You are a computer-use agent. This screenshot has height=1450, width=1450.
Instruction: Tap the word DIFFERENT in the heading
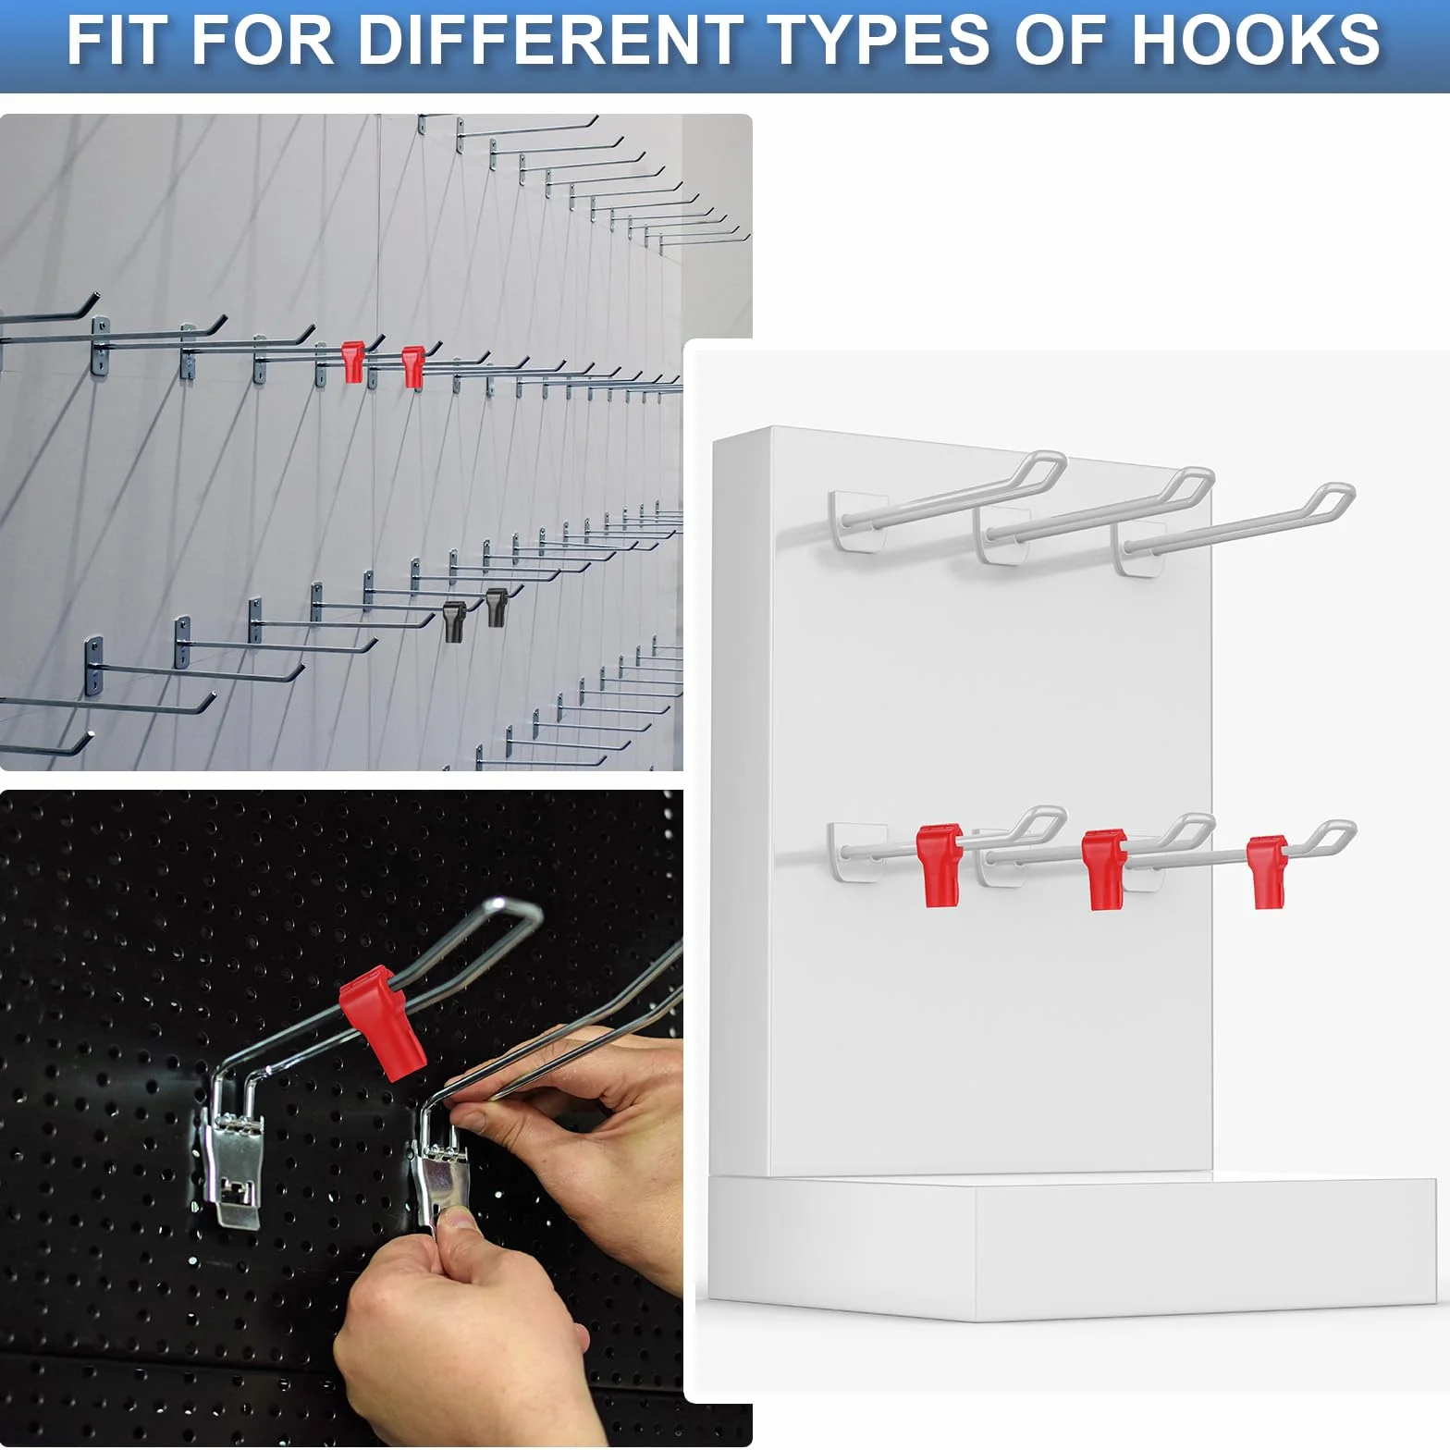tap(551, 40)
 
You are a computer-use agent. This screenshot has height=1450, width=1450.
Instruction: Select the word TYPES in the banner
tap(879, 40)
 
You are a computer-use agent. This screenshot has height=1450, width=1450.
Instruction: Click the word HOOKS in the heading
tap(1256, 40)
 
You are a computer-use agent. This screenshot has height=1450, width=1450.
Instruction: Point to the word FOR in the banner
tap(264, 40)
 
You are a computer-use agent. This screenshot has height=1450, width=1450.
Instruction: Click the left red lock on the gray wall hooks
tap(353, 362)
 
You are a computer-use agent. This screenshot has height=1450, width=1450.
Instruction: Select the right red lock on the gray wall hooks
tap(412, 366)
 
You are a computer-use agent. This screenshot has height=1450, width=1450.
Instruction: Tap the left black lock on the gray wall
tap(454, 621)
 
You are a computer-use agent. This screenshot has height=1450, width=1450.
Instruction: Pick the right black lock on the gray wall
tap(497, 607)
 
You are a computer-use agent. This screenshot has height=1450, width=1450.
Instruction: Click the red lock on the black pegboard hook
tap(382, 1021)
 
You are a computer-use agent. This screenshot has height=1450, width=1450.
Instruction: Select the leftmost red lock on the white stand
tap(940, 865)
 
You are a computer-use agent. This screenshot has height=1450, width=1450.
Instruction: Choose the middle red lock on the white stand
tap(1105, 869)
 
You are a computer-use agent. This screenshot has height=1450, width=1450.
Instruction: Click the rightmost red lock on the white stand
tap(1266, 871)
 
